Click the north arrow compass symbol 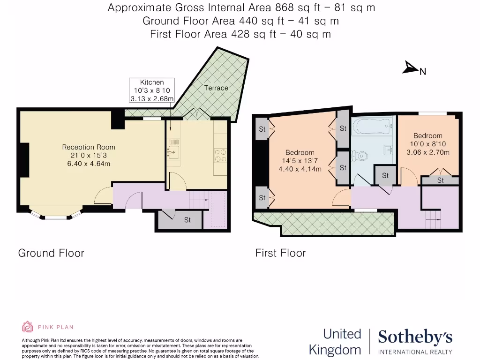410,68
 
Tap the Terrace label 216,88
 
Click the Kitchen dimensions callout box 152,90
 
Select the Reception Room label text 89,147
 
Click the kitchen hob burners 220,155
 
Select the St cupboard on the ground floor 187,220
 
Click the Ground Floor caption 51,253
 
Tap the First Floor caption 280,253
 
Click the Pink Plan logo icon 28,327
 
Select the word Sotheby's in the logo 415,337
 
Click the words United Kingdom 335,342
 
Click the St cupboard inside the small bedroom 440,180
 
